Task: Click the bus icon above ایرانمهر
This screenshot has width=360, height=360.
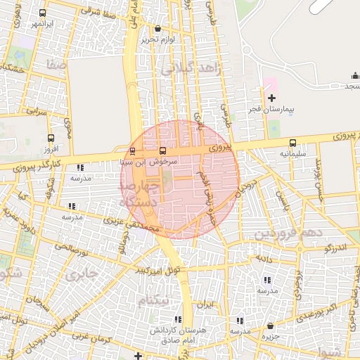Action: coord(43,13)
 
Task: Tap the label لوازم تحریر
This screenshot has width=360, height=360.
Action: coord(157,39)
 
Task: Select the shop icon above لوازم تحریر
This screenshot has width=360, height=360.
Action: coord(157,29)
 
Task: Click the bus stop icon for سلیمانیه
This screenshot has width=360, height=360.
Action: coord(292,143)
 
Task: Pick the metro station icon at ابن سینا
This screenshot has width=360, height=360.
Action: coord(133,150)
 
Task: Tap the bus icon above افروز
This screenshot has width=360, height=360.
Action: coord(50,139)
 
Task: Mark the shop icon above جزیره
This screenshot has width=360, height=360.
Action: coord(271,326)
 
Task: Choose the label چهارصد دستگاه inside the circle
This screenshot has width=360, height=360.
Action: coord(140,193)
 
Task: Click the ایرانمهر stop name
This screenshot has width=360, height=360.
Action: coord(41,24)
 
